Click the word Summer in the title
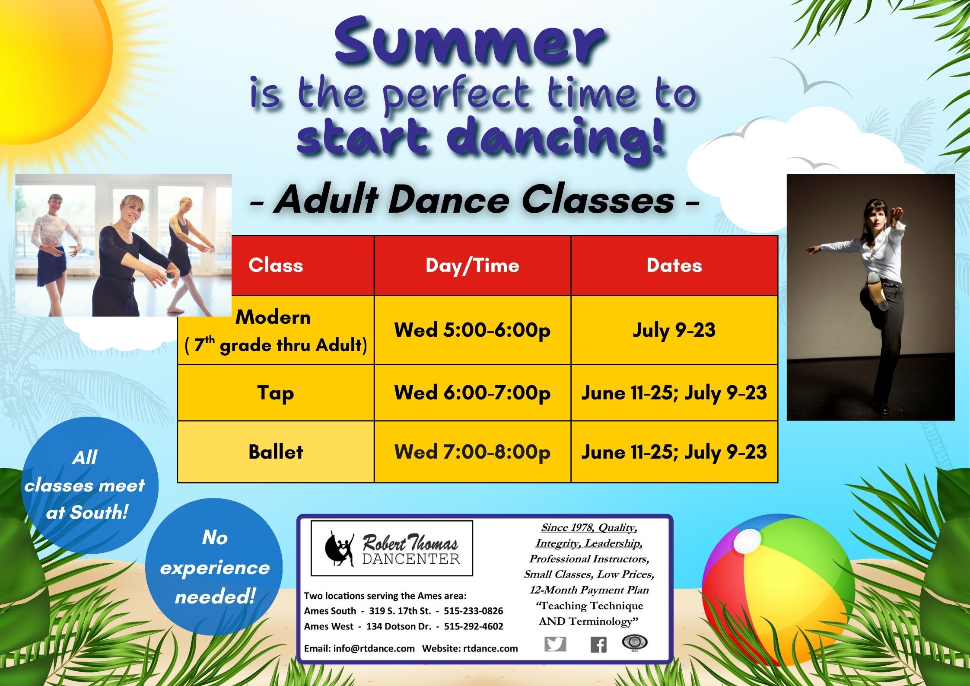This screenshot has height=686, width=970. [470, 42]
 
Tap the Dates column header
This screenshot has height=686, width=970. [674, 265]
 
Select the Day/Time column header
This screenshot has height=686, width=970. [472, 265]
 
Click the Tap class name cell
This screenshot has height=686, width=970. [276, 392]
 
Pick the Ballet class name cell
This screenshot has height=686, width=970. [276, 452]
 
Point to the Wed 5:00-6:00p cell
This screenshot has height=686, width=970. [472, 330]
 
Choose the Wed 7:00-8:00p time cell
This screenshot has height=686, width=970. [472, 452]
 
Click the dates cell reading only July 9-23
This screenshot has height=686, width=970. [674, 330]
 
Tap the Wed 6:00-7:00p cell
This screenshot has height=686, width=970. [472, 392]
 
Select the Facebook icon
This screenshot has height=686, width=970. [598, 645]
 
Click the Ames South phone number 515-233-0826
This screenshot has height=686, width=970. [473, 611]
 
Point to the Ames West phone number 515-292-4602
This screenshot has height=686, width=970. [474, 626]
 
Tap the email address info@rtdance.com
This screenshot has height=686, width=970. [373, 648]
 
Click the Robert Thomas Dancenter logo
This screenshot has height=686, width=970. [392, 548]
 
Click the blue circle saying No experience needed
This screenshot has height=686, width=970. [214, 567]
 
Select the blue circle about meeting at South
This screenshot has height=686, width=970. [89, 485]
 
